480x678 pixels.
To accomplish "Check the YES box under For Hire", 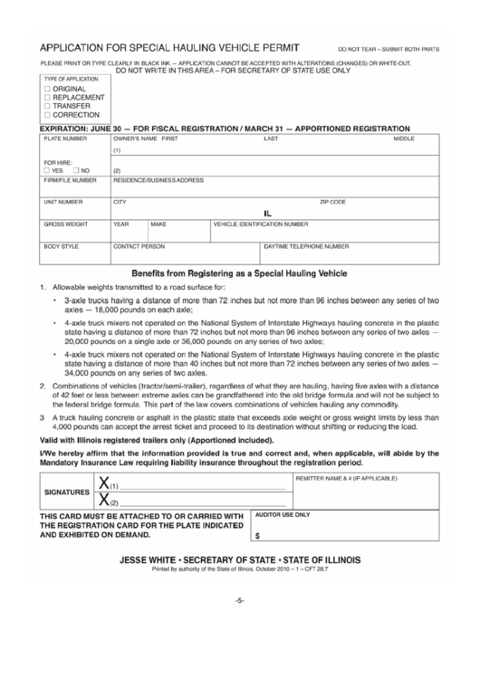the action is pyautogui.click(x=47, y=170).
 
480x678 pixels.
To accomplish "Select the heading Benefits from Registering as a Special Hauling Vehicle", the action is pyautogui.click(x=240, y=272).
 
